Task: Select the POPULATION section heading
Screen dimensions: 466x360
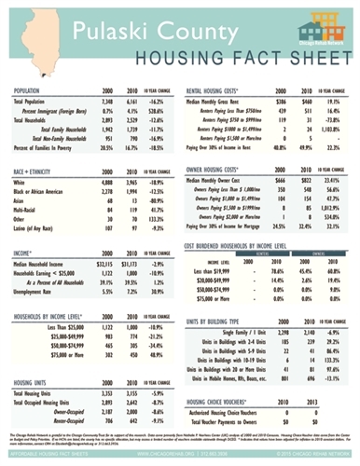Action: (x=33, y=90)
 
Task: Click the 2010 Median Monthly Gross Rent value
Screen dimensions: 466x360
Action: (x=303, y=101)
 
